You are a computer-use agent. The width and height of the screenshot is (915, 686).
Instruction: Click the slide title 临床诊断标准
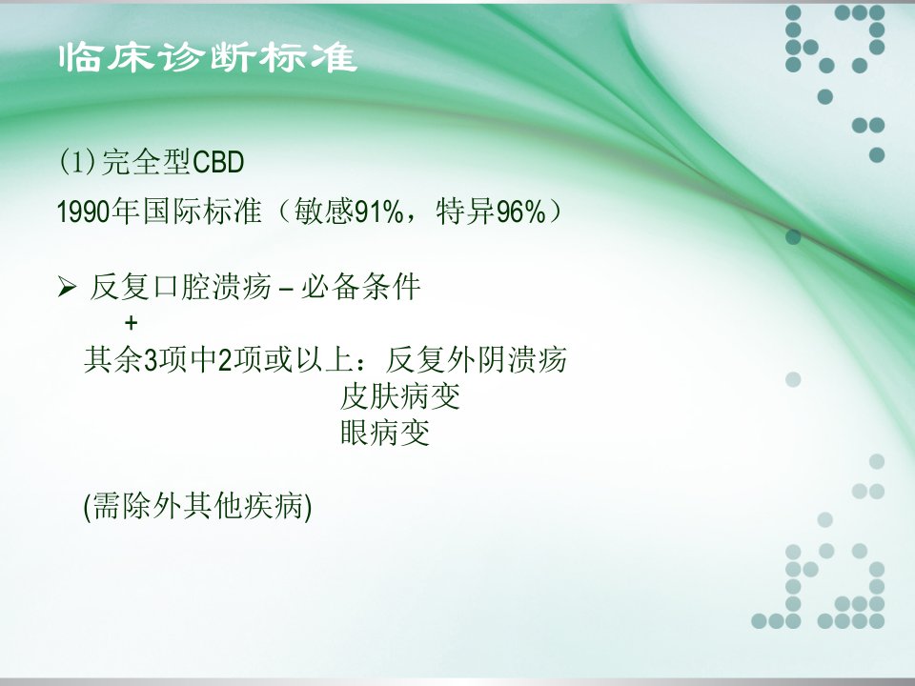(208, 57)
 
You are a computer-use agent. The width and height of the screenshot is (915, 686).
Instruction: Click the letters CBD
(217, 162)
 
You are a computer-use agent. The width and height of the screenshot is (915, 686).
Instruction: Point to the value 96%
(521, 212)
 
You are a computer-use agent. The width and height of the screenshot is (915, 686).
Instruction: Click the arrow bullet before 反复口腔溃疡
(67, 287)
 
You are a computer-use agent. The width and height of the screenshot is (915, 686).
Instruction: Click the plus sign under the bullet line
(132, 323)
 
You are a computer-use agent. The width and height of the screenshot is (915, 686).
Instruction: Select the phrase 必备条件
(360, 287)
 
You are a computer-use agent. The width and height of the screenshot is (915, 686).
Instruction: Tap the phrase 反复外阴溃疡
(477, 359)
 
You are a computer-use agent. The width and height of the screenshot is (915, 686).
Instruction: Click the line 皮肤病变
(400, 396)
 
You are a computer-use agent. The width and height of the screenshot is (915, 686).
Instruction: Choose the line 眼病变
(385, 434)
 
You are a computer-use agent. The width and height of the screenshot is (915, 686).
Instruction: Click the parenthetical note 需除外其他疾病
(198, 506)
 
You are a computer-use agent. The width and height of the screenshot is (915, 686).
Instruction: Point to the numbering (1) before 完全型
(76, 162)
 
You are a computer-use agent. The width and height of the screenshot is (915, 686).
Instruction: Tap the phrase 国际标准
(201, 212)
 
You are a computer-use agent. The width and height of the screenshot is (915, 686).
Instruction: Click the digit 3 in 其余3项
(151, 360)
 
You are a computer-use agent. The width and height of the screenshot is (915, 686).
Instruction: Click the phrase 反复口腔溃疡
(181, 287)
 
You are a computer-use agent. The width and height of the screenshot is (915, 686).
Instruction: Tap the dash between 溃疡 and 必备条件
(286, 288)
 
